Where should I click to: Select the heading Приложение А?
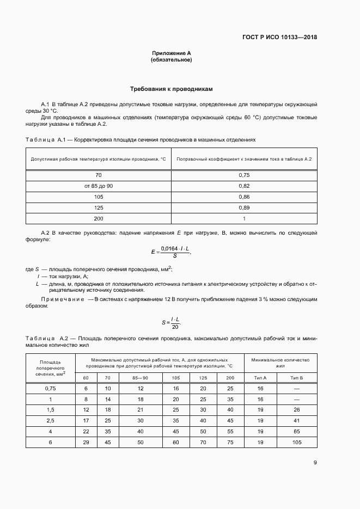[172, 53]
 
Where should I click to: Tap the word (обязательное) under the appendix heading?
[172, 60]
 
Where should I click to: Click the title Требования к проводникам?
[172, 88]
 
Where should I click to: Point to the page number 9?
[315, 463]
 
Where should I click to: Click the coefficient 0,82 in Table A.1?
[244, 186]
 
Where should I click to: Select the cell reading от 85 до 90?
[99, 186]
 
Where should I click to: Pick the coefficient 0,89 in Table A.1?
[244, 207]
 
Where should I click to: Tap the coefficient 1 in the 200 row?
[244, 218]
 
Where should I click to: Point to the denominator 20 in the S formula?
[175, 327]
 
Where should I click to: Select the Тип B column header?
[297, 377]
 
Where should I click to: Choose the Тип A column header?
[261, 377]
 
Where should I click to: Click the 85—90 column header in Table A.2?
[140, 377]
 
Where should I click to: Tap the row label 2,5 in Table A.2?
[50, 420]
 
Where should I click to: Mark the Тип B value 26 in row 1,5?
[297, 409]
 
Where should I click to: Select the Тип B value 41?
[297, 420]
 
